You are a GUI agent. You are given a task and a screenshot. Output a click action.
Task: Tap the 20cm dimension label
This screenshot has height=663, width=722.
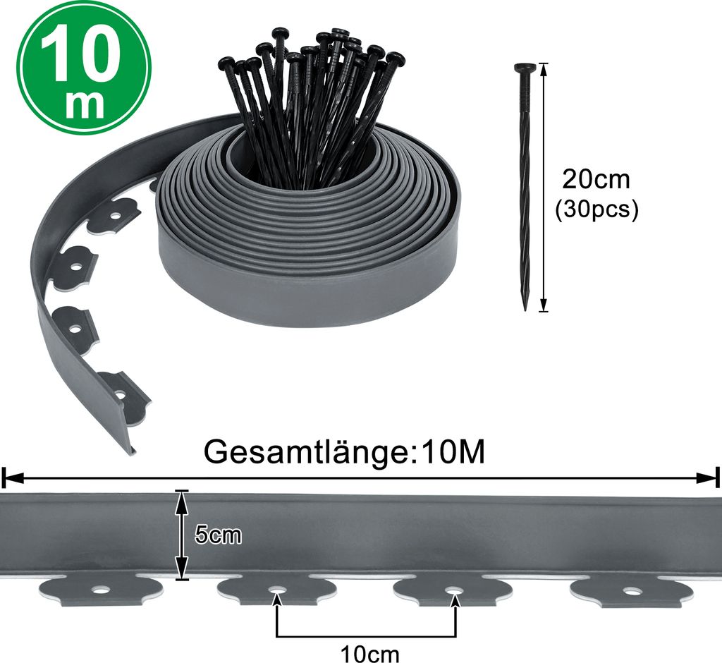point(596,179)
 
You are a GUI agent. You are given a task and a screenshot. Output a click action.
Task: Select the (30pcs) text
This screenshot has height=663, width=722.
point(596,209)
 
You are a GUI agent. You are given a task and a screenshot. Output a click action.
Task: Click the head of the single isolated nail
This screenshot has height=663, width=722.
point(525,68)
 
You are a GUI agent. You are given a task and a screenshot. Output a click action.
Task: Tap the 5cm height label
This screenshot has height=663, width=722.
point(218,535)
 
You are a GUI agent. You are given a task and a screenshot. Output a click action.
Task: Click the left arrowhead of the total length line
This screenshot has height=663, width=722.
point(10,478)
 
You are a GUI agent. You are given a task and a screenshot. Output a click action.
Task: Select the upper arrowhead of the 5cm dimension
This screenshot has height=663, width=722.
point(183,497)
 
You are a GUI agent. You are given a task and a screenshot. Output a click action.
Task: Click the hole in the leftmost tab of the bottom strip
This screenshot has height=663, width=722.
point(103,589)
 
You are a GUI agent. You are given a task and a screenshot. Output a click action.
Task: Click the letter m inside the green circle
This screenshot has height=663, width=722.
point(84,104)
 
